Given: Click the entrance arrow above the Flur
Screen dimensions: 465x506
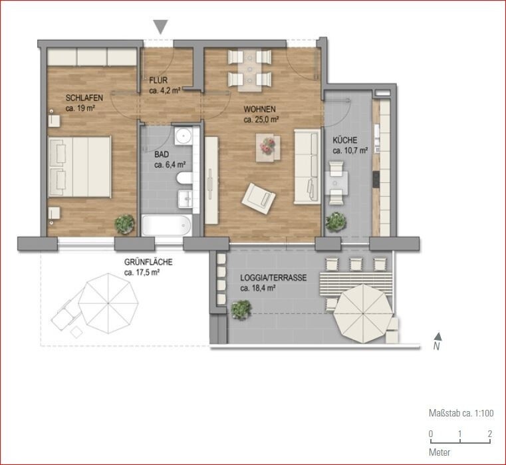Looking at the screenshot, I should [160, 27].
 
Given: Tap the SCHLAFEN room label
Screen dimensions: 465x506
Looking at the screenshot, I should [84, 96].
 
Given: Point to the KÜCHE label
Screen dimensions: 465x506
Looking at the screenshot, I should [345, 140].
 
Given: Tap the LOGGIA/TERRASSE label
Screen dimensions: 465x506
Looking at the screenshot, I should [273, 278].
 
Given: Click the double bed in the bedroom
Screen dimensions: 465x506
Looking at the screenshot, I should [78, 167].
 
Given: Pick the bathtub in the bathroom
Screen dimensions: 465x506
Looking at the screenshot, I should [167, 225].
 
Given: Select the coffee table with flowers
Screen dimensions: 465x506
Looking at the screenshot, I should [268, 147].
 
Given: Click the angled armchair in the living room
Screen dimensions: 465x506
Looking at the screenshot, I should [259, 196].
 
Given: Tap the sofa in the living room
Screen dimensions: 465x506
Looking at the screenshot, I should [307, 166].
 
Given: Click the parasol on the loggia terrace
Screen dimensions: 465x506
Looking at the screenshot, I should [363, 312].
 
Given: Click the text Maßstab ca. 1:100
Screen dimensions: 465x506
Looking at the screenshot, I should [461, 413].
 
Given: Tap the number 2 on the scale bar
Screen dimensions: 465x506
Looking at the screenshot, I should [489, 434].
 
